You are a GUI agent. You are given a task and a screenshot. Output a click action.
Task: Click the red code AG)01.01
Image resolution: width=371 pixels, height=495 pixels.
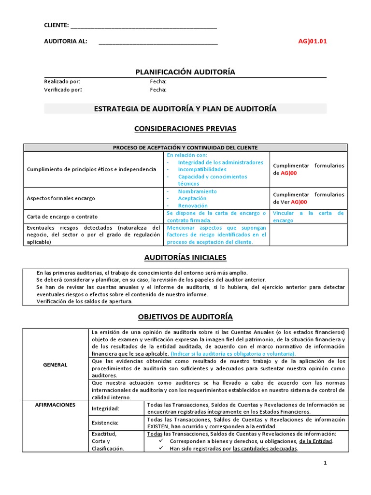313,41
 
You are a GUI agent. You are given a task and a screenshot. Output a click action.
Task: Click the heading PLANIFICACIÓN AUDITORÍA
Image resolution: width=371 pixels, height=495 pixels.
185,72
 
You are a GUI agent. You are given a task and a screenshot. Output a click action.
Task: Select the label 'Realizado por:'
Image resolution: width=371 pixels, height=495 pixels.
62,82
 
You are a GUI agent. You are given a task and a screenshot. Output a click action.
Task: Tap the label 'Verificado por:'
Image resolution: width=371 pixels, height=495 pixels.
63,89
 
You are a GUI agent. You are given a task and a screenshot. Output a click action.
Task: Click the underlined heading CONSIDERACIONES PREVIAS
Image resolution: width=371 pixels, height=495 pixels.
185,129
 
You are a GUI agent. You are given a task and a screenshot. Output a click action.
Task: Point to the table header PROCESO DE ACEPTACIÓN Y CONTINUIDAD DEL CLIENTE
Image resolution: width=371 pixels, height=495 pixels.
185,147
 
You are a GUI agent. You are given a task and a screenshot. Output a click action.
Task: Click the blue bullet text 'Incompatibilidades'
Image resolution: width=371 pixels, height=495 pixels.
202,170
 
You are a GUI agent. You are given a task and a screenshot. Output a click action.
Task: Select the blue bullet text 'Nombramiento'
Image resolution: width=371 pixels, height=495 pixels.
197,191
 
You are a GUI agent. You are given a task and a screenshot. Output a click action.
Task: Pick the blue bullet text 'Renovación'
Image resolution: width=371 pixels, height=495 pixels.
193,205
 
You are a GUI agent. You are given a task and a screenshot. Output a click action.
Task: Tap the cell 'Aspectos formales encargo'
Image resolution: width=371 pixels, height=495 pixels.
61,198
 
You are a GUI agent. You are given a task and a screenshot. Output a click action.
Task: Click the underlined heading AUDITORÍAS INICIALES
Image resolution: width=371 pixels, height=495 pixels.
185,257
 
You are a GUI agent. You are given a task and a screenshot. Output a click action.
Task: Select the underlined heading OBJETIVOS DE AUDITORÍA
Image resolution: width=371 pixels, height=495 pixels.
185,317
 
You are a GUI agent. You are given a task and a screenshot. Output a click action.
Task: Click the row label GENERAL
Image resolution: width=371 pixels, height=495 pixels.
56,365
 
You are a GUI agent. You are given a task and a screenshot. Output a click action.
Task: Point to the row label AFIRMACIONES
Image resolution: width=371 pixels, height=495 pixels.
56,405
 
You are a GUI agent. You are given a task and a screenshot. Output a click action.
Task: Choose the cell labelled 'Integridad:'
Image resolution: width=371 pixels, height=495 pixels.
105,408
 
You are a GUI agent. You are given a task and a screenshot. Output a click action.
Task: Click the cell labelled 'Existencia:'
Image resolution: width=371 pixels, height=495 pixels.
105,423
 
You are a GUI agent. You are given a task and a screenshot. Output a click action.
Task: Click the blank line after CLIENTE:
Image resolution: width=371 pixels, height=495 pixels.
143,25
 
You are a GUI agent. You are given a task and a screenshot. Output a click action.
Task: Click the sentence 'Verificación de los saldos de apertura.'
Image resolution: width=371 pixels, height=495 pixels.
85,301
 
